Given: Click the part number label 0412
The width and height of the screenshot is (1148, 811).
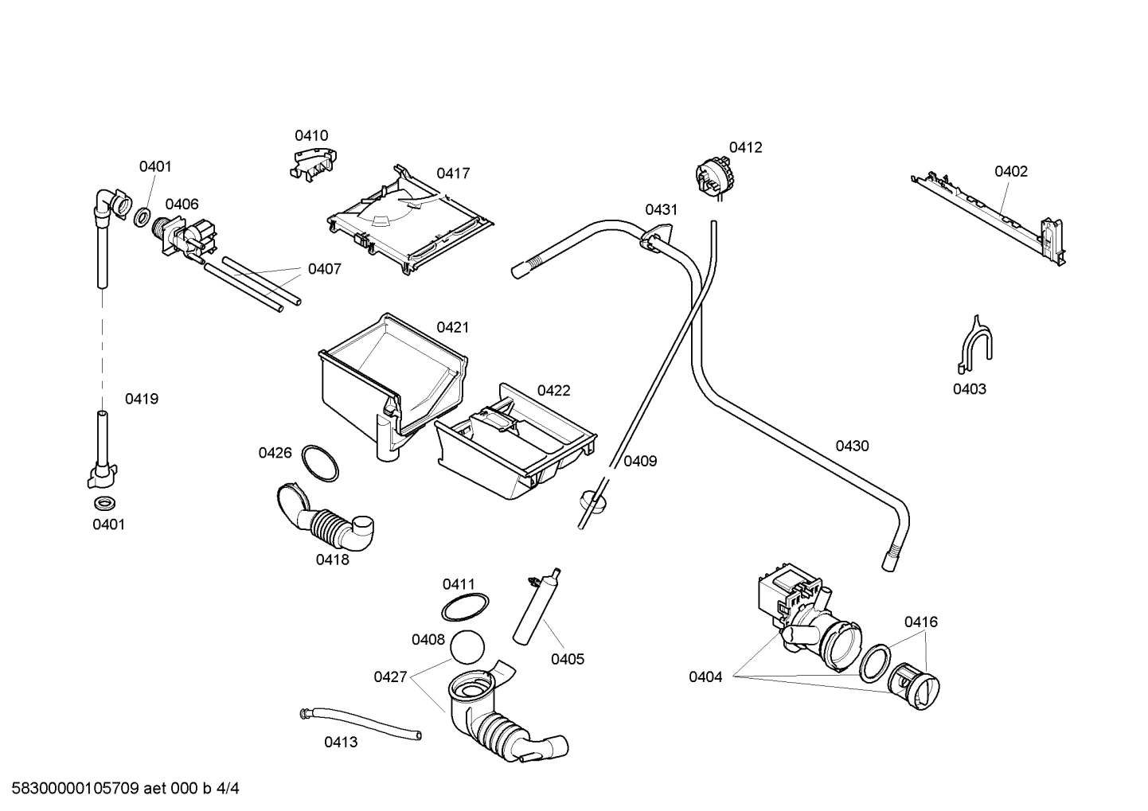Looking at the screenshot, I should [x=745, y=147].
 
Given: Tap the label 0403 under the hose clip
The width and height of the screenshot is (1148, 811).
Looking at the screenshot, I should [x=969, y=388].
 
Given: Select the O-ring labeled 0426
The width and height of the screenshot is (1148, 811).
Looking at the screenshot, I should [x=320, y=463].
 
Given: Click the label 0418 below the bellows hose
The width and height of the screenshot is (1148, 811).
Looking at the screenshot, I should [x=332, y=560].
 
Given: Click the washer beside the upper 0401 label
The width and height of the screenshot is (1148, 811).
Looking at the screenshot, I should [x=143, y=216].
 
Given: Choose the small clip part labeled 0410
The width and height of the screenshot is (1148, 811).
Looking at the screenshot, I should [x=311, y=163].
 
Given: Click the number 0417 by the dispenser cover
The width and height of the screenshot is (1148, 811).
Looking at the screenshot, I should [x=452, y=173].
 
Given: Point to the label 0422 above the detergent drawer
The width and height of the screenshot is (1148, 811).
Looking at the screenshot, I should [x=553, y=390].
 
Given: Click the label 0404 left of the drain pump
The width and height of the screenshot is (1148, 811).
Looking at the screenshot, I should [x=705, y=677].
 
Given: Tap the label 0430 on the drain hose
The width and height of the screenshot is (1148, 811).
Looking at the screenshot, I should [x=852, y=446].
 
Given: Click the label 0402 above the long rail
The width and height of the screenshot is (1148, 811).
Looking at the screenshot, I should [x=1010, y=171].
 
